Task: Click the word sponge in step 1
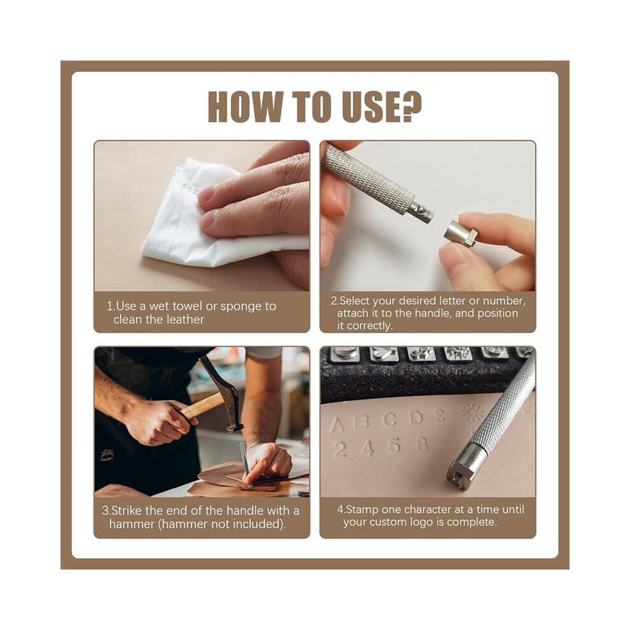(241, 307)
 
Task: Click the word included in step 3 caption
(257, 524)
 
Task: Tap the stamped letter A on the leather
(337, 424)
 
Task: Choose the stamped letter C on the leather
(389, 420)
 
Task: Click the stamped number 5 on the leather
(395, 446)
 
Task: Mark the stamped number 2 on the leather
(340, 450)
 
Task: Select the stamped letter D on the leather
(417, 418)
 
